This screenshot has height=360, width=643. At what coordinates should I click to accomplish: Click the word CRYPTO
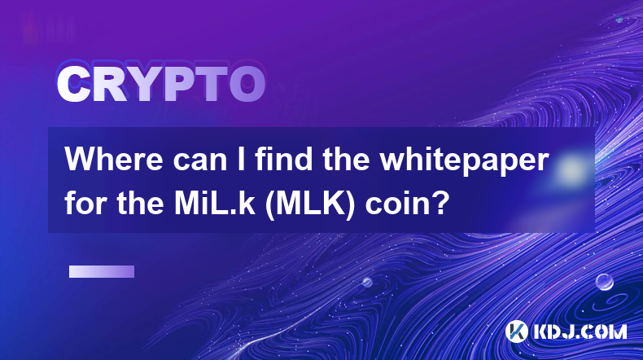(161, 84)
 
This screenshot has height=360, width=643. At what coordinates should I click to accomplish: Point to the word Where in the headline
(114, 160)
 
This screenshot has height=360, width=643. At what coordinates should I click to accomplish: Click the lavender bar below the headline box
(102, 272)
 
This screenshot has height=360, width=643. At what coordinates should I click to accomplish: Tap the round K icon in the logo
(516, 331)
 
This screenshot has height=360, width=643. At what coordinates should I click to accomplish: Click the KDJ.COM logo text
(580, 332)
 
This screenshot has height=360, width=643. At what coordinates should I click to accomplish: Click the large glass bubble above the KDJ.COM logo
(605, 282)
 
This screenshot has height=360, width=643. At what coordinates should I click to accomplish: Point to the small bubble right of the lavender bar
(367, 282)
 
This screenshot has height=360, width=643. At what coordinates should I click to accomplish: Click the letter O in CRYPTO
(247, 84)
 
